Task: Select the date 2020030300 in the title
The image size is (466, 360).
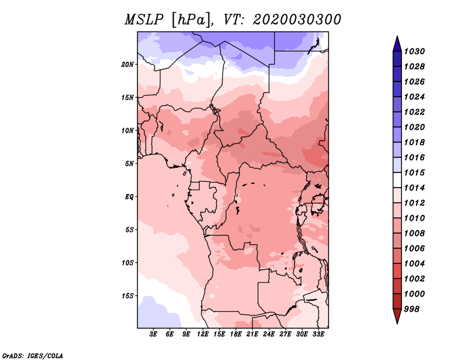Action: pos(297,20)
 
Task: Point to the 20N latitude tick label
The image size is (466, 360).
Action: pos(128,64)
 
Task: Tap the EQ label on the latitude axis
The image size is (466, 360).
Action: pos(129,196)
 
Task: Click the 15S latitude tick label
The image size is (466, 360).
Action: pos(128,295)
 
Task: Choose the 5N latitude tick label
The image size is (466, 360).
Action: pos(130,164)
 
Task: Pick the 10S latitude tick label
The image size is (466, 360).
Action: pos(128,263)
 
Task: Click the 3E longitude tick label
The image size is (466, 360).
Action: pos(153,334)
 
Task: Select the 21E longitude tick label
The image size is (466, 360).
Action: pos(252,334)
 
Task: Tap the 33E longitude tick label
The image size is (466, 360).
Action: pos(318,334)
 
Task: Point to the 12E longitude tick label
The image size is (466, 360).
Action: pos(203,334)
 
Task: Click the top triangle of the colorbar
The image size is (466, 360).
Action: pos(397,43)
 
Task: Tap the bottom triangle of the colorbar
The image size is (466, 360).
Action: pos(397,316)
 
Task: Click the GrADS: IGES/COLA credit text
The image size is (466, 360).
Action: pos(32,355)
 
